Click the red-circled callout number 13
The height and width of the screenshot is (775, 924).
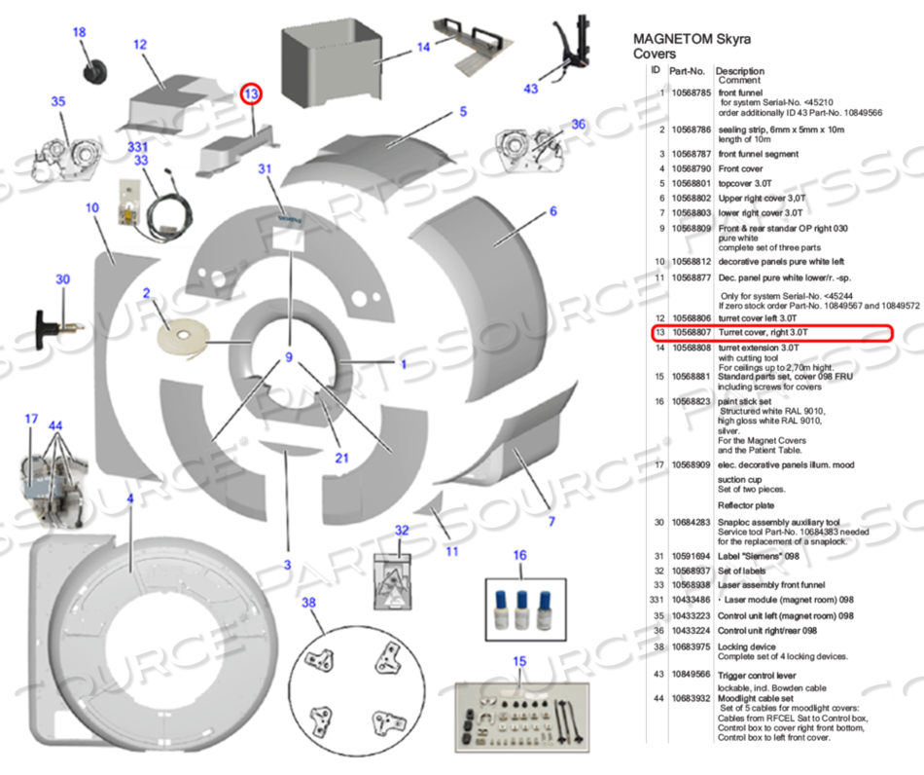(x=252, y=94)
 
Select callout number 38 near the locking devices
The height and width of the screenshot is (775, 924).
(x=309, y=603)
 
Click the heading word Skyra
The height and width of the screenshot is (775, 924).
(x=729, y=40)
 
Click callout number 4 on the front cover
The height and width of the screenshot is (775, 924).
(x=129, y=498)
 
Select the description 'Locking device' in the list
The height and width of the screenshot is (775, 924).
(x=746, y=645)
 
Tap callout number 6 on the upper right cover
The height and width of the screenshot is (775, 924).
(x=553, y=210)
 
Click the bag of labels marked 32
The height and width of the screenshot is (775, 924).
(x=396, y=577)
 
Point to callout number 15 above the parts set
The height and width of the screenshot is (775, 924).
(x=518, y=662)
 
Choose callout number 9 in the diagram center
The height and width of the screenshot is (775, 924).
(x=288, y=358)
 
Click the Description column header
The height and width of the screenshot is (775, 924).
(x=740, y=71)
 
